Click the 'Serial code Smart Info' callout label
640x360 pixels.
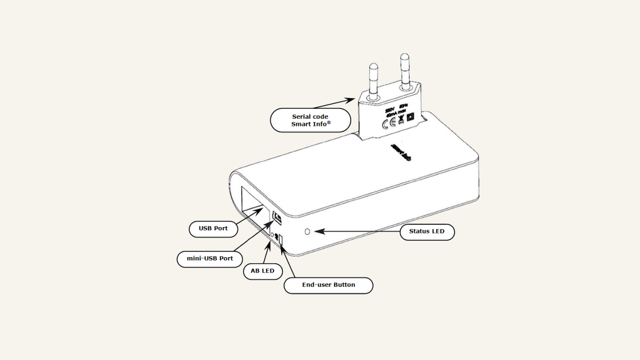[x=310, y=120]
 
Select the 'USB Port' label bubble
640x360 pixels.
[x=213, y=228]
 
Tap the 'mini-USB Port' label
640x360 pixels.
[x=210, y=258]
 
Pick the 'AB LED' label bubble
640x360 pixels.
[x=263, y=271]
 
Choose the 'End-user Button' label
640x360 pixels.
[x=328, y=285]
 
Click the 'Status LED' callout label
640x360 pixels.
[x=427, y=231]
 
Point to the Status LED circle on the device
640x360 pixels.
[x=307, y=231]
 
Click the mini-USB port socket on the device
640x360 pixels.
[x=277, y=218]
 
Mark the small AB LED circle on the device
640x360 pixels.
[x=272, y=235]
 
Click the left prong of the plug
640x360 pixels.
[x=374, y=79]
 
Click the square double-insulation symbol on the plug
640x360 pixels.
[x=411, y=117]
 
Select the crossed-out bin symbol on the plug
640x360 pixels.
[x=401, y=120]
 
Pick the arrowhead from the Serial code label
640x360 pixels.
[x=352, y=99]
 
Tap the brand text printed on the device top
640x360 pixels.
[x=401, y=152]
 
